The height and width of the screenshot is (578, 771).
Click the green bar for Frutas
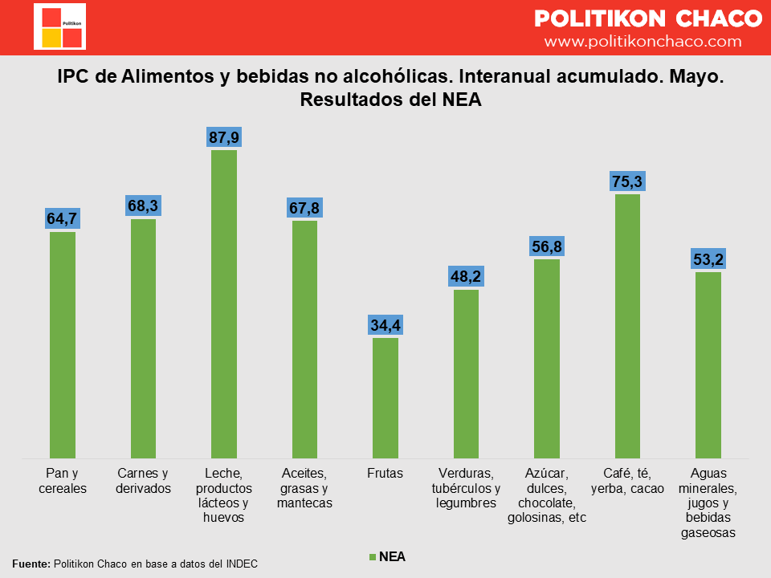click(x=385, y=397)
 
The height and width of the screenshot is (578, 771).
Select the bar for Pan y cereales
click(x=63, y=345)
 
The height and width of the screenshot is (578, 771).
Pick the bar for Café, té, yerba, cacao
click(x=627, y=325)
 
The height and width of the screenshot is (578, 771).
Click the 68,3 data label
click(x=144, y=206)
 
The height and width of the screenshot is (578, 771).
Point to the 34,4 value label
click(x=385, y=325)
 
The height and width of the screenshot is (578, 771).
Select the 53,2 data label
click(x=708, y=259)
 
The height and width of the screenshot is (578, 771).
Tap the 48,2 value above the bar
click(x=466, y=277)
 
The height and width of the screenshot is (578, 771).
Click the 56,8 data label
click(x=547, y=246)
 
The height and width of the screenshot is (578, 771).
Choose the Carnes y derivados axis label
click(x=144, y=480)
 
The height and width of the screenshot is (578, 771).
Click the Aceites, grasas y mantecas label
click(x=304, y=488)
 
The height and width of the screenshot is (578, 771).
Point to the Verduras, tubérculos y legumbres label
click(x=466, y=488)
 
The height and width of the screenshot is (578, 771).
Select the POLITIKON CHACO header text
click(x=648, y=18)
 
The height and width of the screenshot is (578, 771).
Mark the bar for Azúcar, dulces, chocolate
click(x=547, y=358)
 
